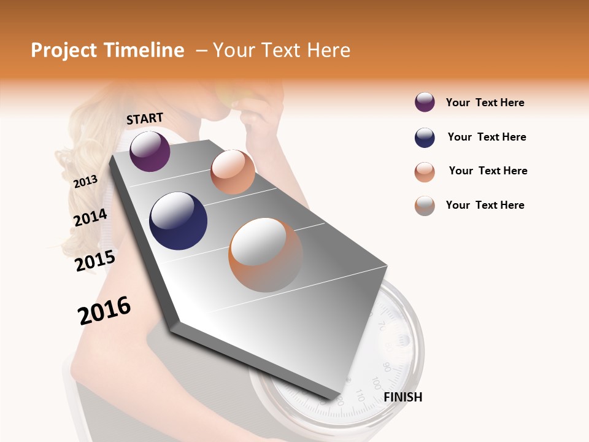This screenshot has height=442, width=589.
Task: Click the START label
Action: [145, 118]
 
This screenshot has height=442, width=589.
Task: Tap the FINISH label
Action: [402, 397]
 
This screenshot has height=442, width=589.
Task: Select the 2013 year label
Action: [85, 182]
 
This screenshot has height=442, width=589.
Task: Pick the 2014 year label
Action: [90, 218]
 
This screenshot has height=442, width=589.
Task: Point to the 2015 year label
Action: [94, 261]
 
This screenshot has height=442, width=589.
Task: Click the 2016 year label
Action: [104, 311]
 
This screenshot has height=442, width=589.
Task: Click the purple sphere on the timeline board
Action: [150, 151]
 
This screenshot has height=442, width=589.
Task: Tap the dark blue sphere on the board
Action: [178, 221]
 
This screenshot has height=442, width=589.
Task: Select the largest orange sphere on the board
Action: [266, 255]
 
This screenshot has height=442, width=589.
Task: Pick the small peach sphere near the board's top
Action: [233, 172]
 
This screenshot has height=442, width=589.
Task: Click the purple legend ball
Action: [425, 103]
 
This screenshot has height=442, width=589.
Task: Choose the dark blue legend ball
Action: [425, 138]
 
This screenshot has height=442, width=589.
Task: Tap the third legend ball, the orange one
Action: [425, 172]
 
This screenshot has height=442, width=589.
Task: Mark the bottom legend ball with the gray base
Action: [425, 206]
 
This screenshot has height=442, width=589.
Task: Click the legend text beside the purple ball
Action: [485, 103]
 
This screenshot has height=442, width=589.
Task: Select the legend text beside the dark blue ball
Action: [487, 137]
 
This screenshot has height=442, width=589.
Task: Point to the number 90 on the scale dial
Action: [387, 366]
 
